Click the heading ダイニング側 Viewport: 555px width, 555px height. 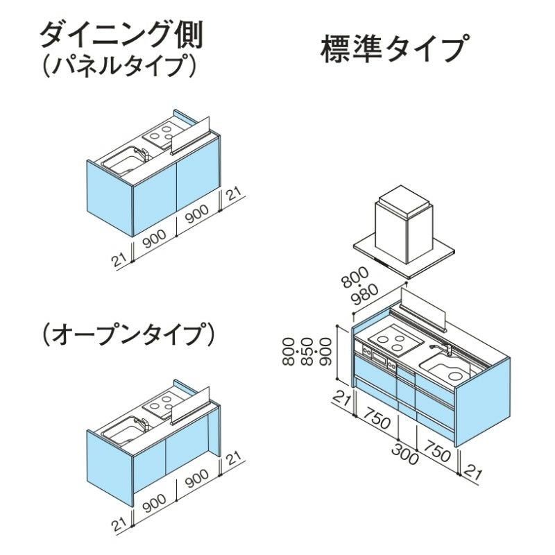pyautogui.click(x=121, y=36)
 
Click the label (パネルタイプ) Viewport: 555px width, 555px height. pyautogui.click(x=119, y=65)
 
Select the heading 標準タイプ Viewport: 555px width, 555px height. pyautogui.click(x=395, y=48)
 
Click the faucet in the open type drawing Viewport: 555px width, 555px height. pyautogui.click(x=142, y=422)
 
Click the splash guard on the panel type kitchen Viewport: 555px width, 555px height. pyautogui.click(x=190, y=136)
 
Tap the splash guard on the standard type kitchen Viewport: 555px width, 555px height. pyautogui.click(x=422, y=309)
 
